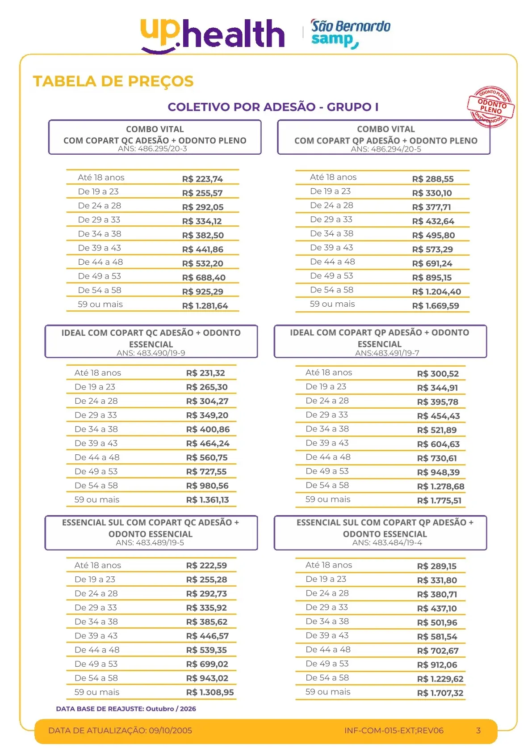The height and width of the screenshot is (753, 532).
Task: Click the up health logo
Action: (x=212, y=35)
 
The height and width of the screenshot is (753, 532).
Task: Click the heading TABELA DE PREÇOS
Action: (x=113, y=81)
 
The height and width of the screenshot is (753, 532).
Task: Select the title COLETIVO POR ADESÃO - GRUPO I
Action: (x=273, y=107)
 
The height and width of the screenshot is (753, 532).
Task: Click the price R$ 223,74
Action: (x=202, y=179)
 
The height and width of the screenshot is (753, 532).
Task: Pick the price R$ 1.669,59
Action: (x=435, y=306)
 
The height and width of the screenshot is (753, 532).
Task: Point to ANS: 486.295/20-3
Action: (x=152, y=149)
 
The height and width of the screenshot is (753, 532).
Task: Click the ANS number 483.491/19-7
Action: (x=387, y=353)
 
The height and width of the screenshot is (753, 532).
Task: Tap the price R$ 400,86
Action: (x=208, y=429)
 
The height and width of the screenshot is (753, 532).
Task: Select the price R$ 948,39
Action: (x=438, y=472)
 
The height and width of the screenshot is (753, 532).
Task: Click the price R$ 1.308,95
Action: (x=210, y=692)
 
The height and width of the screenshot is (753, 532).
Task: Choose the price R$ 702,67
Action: (x=438, y=651)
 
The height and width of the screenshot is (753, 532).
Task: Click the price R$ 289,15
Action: (x=436, y=566)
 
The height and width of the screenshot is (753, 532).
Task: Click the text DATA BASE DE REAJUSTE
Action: (x=100, y=709)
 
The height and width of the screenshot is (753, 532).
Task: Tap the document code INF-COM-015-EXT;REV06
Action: (x=394, y=731)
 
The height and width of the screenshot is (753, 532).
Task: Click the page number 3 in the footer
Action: (x=478, y=731)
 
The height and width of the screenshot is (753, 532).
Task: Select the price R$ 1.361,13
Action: (x=207, y=500)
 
